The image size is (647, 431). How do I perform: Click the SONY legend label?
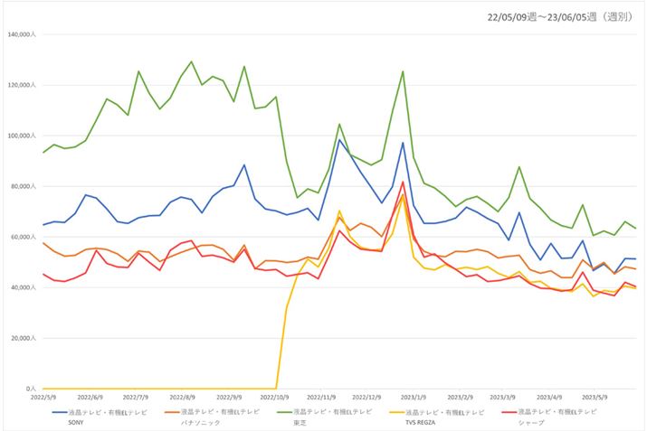(x=78, y=421)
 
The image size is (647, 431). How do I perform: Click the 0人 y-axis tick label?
(x=31, y=389)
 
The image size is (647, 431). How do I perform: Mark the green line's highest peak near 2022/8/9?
(x=191, y=62)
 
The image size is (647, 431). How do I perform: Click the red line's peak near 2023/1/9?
(x=403, y=183)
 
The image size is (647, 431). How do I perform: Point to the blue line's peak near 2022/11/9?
(x=339, y=139)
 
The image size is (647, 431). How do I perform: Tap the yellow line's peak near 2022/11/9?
(x=339, y=211)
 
